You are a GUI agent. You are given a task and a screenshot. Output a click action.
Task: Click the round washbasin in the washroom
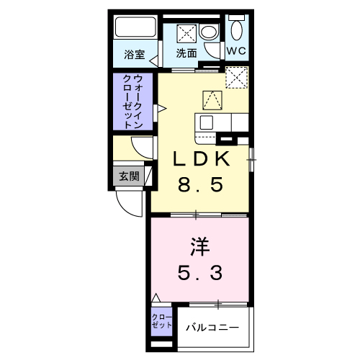(x=209, y=32)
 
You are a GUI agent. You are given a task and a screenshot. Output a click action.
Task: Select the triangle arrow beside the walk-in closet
(x=162, y=109)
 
